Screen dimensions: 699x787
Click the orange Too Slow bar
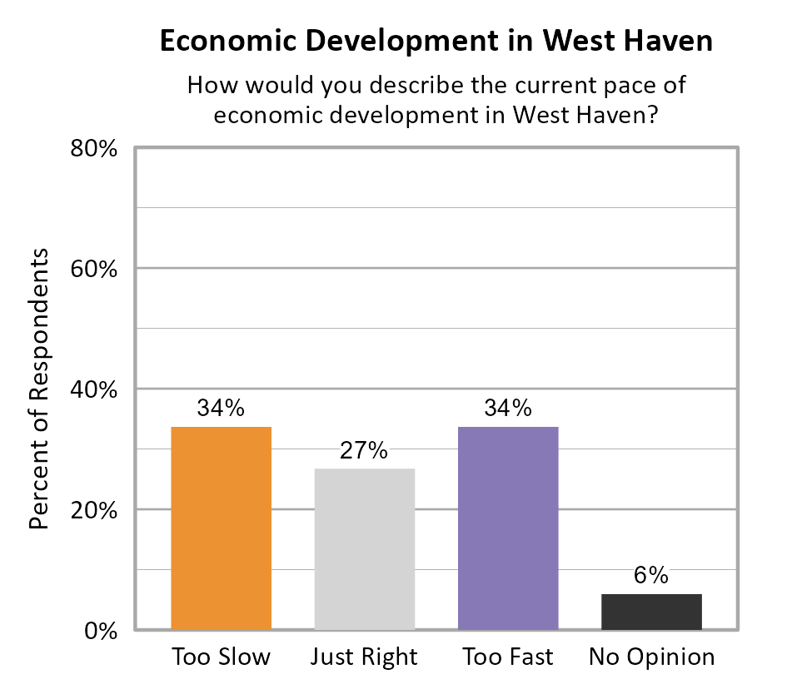tap(221, 528)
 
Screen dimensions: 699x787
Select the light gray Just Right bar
tap(364, 548)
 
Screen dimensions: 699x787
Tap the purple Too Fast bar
tap(508, 528)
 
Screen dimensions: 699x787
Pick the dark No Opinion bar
tap(651, 612)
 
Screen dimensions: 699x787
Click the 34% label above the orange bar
tap(221, 409)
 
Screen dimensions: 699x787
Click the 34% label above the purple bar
tap(508, 409)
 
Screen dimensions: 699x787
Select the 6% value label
tap(651, 575)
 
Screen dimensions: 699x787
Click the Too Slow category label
tap(221, 657)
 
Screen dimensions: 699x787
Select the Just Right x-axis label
tap(364, 657)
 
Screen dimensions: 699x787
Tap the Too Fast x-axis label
tap(508, 657)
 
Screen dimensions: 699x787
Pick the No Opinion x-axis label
tap(651, 657)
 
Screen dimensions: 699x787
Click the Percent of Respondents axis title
tap(38, 389)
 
